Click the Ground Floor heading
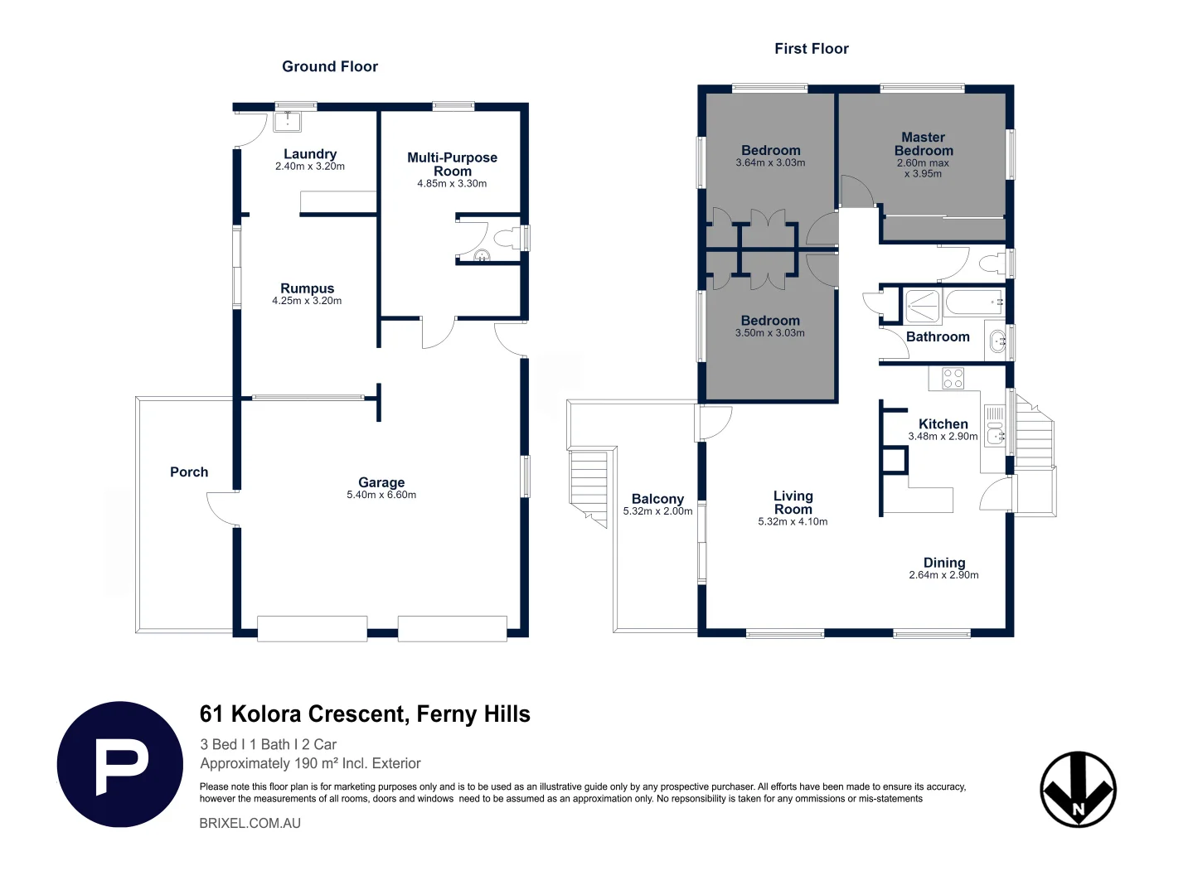click(x=329, y=66)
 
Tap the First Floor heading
click(x=812, y=49)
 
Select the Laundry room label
click(x=310, y=153)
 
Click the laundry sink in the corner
click(x=288, y=121)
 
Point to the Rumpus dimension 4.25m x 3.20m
click(x=307, y=301)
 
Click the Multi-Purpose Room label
click(x=452, y=164)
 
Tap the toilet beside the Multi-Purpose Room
click(x=507, y=239)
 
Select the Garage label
click(x=381, y=482)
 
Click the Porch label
click(x=189, y=472)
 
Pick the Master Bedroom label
click(x=924, y=144)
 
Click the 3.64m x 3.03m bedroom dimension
click(x=771, y=163)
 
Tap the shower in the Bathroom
click(x=922, y=306)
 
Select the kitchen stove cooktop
click(x=953, y=378)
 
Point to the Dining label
click(x=944, y=563)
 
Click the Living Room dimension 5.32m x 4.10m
click(x=793, y=522)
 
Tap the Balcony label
click(x=657, y=499)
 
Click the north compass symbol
click(x=1079, y=789)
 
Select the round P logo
click(x=120, y=764)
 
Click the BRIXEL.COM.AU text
click(x=250, y=823)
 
